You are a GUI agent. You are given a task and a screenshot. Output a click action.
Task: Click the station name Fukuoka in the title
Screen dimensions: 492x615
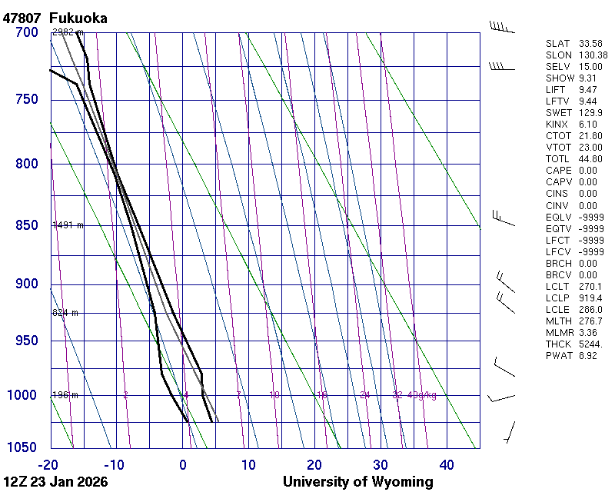[x=78, y=18]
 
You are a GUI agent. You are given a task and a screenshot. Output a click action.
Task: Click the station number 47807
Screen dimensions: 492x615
[x=22, y=18]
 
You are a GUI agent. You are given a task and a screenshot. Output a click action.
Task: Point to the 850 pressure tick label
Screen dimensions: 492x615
[x=27, y=225]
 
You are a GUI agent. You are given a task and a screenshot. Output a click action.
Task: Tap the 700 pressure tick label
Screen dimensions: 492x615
[x=27, y=32]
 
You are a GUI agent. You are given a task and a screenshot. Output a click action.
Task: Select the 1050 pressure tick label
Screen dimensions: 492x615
[x=24, y=447]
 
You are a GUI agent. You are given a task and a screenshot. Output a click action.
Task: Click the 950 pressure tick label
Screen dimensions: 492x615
[x=27, y=341]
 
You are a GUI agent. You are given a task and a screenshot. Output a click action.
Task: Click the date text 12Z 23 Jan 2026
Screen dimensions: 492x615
[x=55, y=482]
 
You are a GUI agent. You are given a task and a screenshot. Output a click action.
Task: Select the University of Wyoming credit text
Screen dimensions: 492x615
[x=357, y=482]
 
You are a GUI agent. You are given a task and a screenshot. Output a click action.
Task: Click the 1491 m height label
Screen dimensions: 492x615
[x=68, y=225]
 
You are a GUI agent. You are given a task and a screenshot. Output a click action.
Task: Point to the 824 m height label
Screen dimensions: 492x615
[x=65, y=313]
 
